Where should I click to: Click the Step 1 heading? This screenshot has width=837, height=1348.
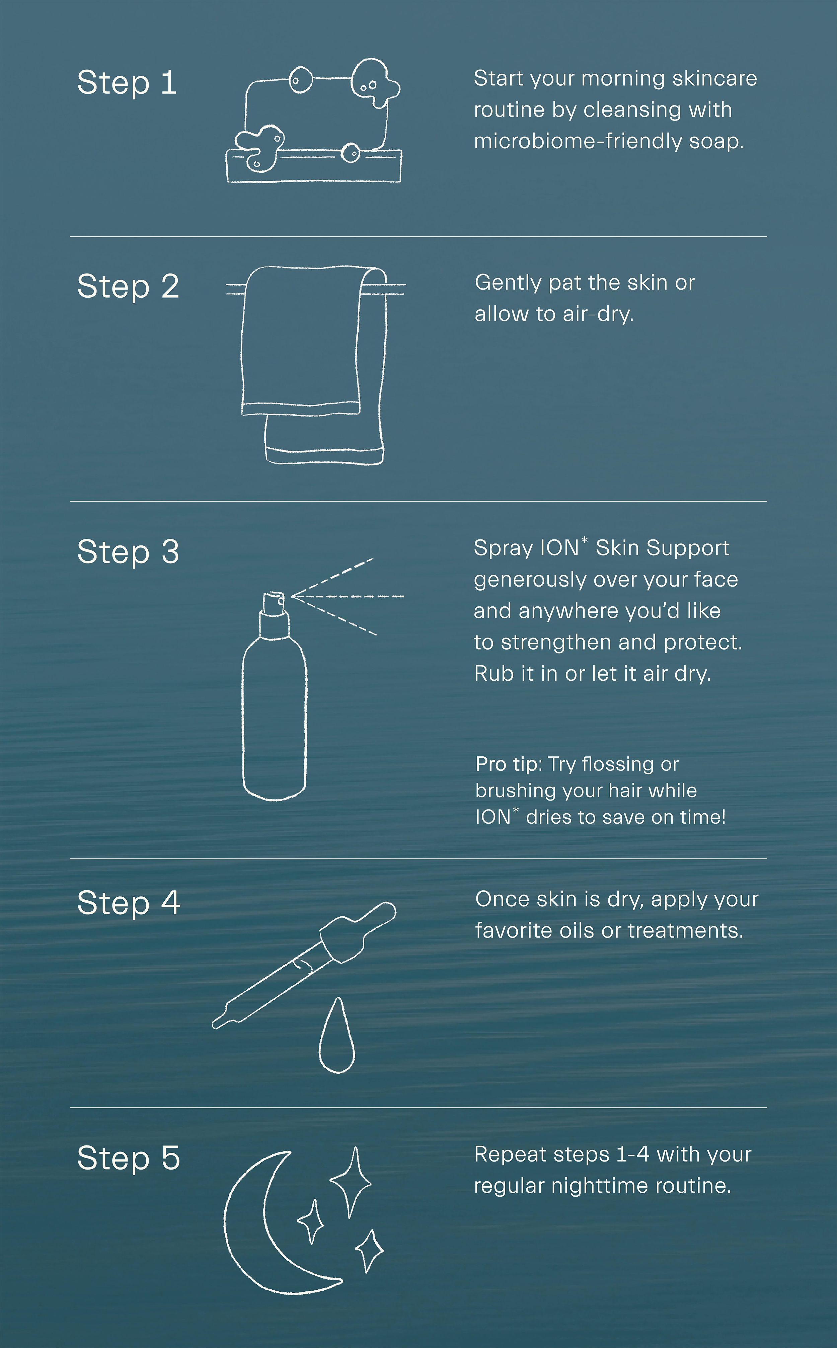(x=127, y=83)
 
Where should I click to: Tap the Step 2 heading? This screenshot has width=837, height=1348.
(x=128, y=287)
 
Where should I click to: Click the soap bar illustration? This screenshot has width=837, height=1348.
(x=313, y=121)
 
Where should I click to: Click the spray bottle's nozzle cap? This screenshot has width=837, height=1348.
(x=274, y=603)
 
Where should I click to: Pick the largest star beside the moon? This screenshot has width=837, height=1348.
(x=351, y=1183)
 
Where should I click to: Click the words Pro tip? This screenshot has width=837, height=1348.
(x=506, y=764)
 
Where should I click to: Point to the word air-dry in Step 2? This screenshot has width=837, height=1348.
(x=598, y=314)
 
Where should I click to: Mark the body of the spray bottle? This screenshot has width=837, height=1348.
(x=274, y=720)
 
